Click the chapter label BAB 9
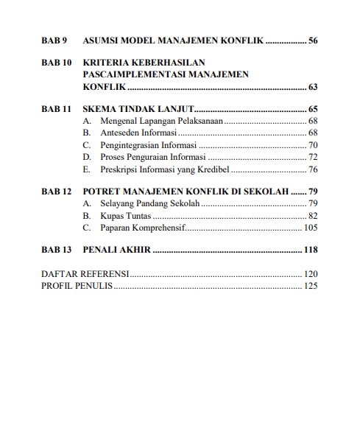[54, 40]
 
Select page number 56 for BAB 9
[313, 40]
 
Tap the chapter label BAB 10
[57, 63]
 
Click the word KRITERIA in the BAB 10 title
[110, 63]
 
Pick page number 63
[313, 87]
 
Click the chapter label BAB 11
[57, 108]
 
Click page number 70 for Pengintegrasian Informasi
[313, 145]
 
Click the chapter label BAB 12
[57, 192]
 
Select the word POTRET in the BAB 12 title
[102, 192]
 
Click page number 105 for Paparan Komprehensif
[311, 228]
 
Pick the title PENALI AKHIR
[117, 250]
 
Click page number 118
[310, 250]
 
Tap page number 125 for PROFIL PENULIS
[310, 286]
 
